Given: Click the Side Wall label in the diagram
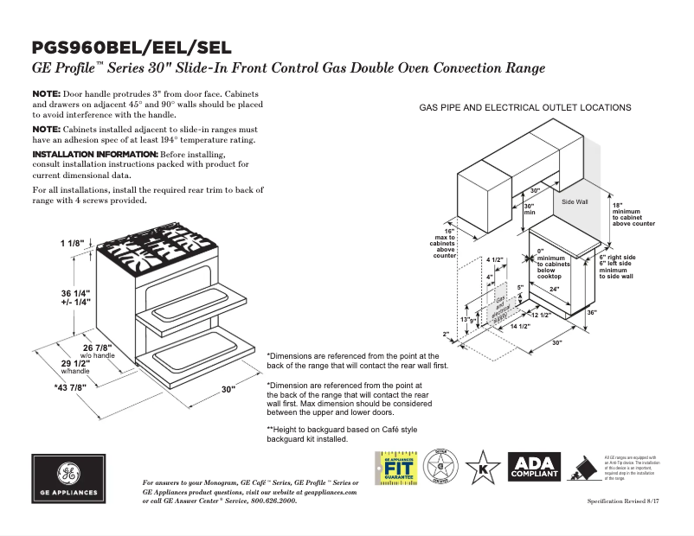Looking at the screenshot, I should tap(575, 201).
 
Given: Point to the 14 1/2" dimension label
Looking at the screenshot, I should tap(519, 326).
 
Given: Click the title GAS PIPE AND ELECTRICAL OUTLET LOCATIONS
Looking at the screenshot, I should tap(525, 108).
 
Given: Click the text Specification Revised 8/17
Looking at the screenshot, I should tap(627, 501).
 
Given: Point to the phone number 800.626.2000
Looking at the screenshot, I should tap(273, 501).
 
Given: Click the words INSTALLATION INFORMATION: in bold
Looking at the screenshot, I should tap(95, 154).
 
